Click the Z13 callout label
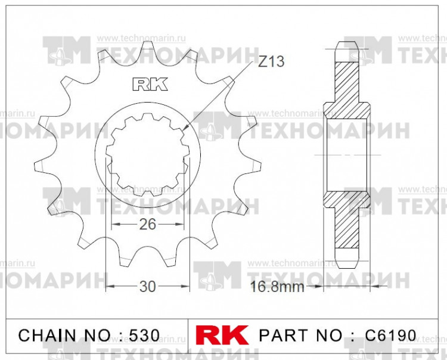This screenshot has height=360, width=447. (x=271, y=61)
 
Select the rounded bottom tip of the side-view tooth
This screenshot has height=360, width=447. (x=348, y=265)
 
